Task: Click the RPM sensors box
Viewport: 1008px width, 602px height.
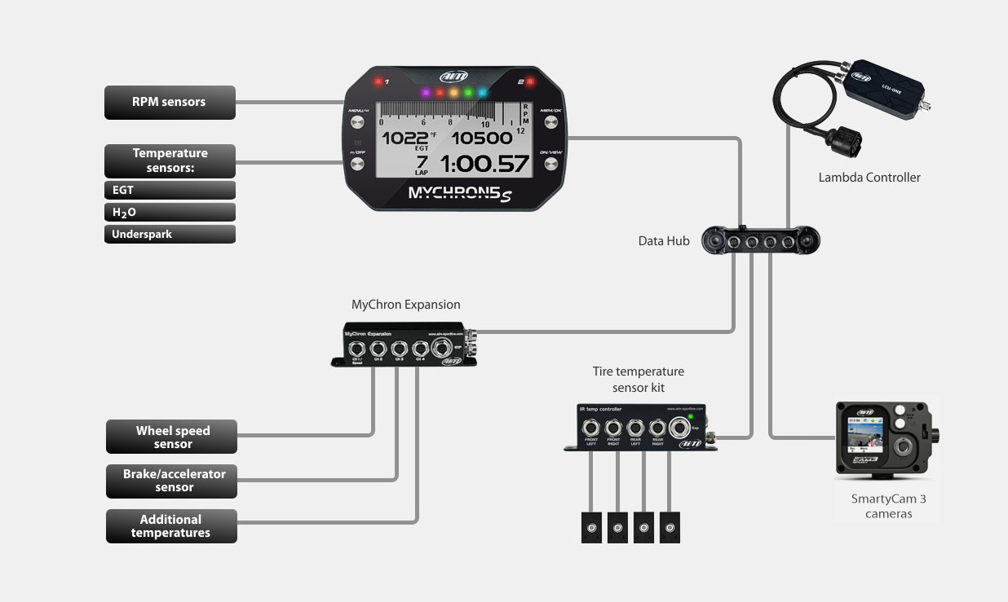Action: coord(170,103)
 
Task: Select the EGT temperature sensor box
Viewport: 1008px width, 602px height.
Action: coord(170,191)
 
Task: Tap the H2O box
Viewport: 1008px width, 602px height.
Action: coord(170,213)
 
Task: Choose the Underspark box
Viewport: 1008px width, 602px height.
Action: coord(170,235)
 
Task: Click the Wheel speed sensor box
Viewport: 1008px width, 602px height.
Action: coord(172,437)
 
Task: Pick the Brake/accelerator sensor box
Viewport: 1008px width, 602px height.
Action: coord(172,481)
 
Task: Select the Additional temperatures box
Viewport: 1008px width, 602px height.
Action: coord(171,526)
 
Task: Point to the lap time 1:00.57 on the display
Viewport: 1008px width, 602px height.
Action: coord(484,165)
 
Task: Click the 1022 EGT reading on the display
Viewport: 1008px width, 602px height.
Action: coord(405,138)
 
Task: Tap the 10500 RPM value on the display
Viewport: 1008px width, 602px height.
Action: coord(483,138)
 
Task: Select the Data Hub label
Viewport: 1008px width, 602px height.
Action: coord(664,241)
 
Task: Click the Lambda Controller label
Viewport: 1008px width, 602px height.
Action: coord(869,178)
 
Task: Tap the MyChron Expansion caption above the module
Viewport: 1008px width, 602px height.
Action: coord(406,305)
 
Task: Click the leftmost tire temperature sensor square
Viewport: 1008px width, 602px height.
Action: coord(591,528)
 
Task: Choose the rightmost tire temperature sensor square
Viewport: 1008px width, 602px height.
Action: coord(670,528)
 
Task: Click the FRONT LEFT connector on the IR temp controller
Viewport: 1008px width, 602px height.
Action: coord(590,428)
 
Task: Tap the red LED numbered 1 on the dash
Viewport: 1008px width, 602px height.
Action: coord(378,82)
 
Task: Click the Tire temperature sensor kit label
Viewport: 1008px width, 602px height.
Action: coord(639,380)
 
